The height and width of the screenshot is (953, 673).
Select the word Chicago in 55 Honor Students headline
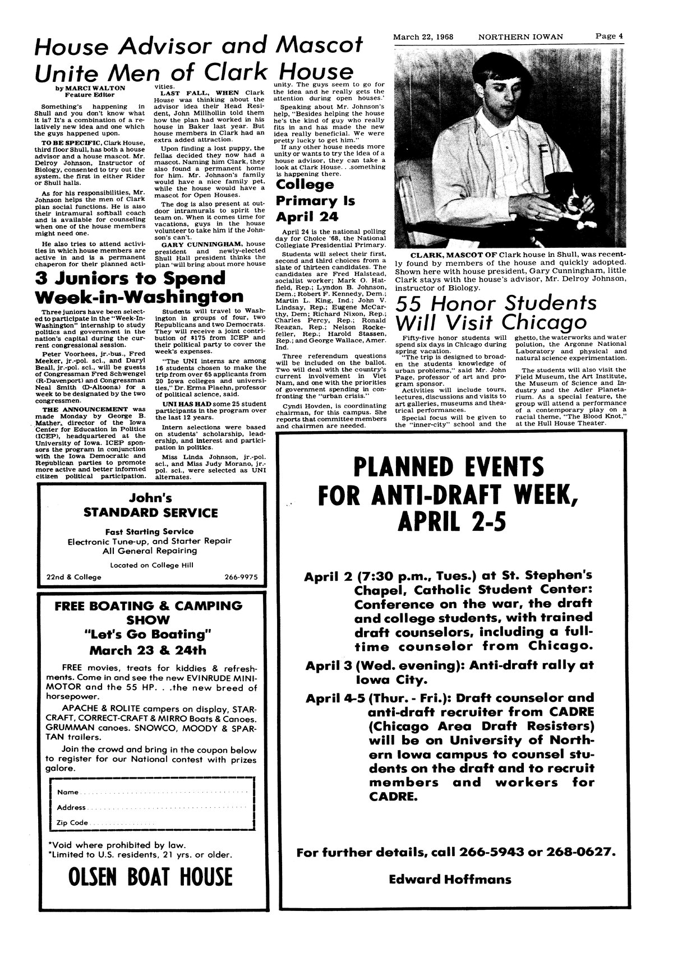(x=543, y=322)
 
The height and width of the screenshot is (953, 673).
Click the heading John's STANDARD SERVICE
(x=150, y=505)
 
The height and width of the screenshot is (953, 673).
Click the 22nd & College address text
(x=74, y=577)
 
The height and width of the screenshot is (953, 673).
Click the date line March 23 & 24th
(x=148, y=651)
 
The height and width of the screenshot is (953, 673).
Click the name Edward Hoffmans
(x=450, y=878)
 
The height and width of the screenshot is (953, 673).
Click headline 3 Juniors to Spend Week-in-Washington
(x=139, y=287)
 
